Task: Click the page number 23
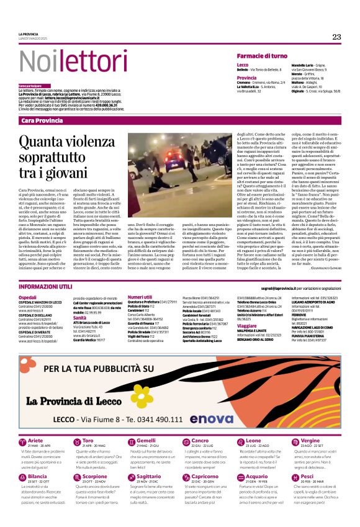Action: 336,37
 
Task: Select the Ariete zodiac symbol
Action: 22,442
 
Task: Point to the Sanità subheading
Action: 80,317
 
